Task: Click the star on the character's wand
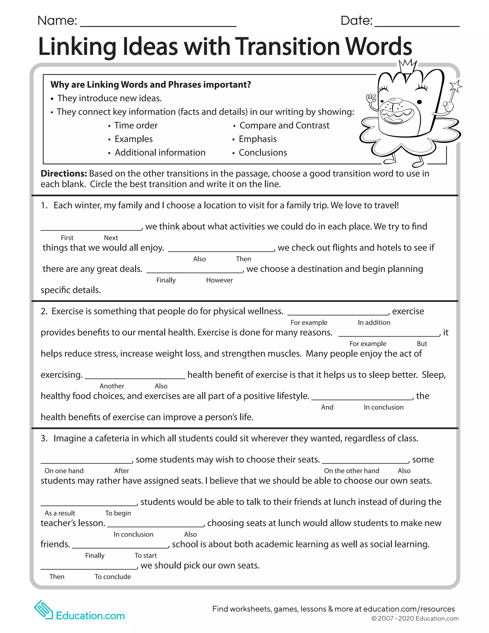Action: point(455,87)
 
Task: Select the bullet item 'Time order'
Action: point(136,125)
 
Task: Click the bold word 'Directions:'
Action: point(64,174)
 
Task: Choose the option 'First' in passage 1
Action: point(67,238)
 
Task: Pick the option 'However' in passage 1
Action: point(219,280)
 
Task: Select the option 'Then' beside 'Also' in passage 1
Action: point(243,259)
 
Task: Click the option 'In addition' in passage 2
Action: point(374,322)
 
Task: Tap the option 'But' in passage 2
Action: point(422,344)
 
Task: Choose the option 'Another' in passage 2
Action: point(112,386)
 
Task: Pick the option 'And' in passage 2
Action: point(327,407)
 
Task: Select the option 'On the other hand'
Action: point(351,471)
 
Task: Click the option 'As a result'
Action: point(60,513)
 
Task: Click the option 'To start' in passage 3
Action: point(145,555)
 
